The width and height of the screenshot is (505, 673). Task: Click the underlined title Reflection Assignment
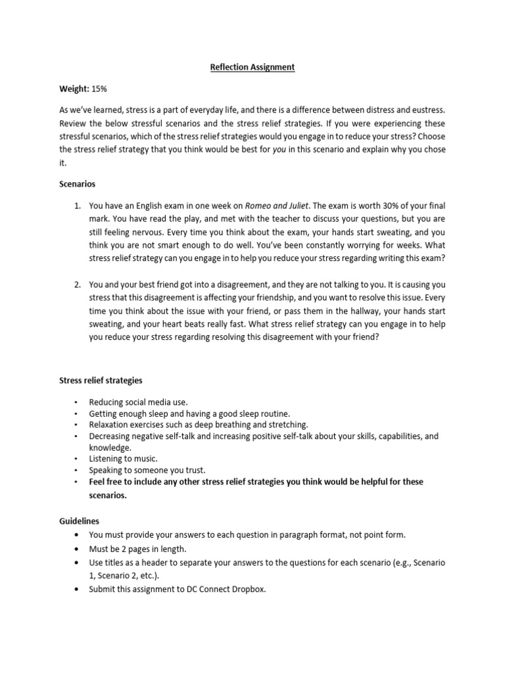tap(252, 67)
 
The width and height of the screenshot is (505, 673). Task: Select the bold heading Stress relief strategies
tap(101, 381)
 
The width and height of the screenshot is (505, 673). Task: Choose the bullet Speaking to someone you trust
tap(147, 470)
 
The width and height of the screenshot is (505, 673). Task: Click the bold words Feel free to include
tap(130, 482)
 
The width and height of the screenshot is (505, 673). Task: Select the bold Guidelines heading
tap(80, 520)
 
